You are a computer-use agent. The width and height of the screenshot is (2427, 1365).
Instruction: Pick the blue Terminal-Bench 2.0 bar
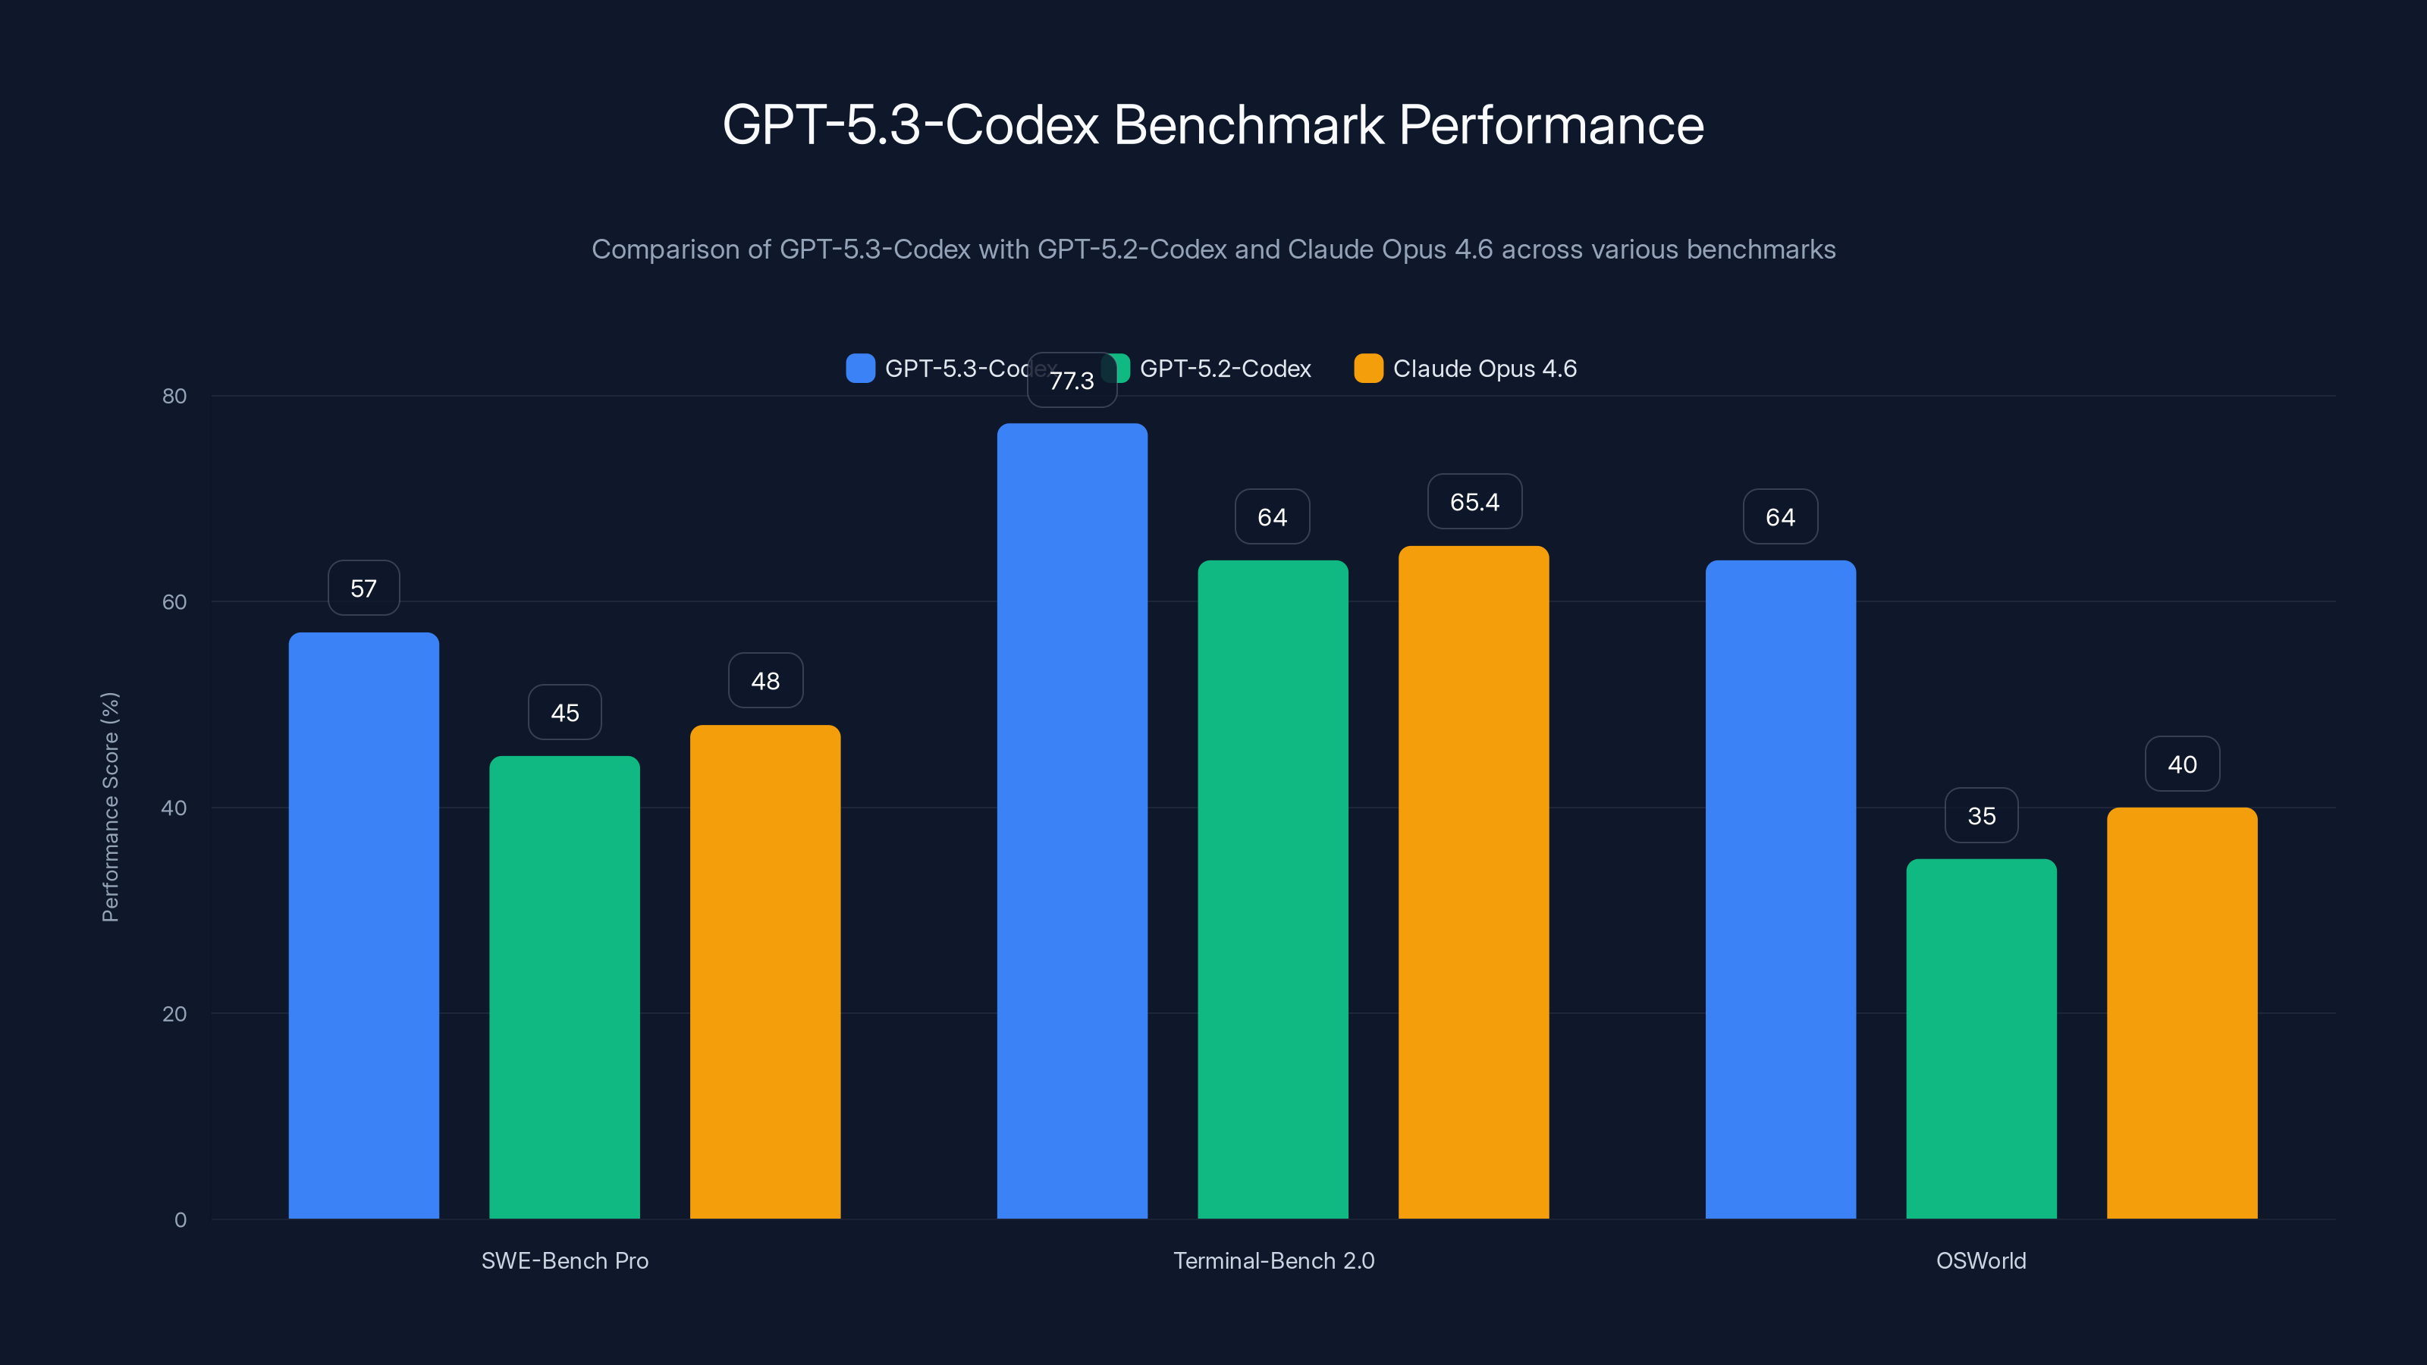point(1072,821)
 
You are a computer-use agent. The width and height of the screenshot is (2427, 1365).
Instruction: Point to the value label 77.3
point(1072,381)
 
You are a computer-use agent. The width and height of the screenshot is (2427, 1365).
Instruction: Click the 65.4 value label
point(1474,502)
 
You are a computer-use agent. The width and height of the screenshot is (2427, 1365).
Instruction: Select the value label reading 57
point(364,588)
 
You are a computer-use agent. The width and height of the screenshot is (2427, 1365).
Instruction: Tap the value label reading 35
point(1981,816)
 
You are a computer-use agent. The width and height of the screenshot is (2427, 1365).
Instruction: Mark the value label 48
point(765,681)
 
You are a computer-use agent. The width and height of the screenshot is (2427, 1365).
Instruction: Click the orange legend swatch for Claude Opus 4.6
point(1368,369)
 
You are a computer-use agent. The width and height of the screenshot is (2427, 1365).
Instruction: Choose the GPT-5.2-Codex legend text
point(1225,369)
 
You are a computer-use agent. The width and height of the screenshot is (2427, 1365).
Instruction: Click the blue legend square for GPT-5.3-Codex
point(860,369)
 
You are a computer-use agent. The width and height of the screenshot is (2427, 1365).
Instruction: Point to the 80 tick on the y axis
point(174,396)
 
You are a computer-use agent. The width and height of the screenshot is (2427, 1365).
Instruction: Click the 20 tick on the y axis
point(174,1014)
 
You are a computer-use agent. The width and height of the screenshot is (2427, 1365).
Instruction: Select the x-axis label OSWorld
point(1980,1260)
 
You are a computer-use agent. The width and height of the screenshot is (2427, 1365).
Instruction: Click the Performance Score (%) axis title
point(110,808)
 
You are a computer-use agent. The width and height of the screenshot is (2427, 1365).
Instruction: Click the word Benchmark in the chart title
point(1248,125)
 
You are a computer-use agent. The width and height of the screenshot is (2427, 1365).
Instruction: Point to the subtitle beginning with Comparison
point(1213,249)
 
